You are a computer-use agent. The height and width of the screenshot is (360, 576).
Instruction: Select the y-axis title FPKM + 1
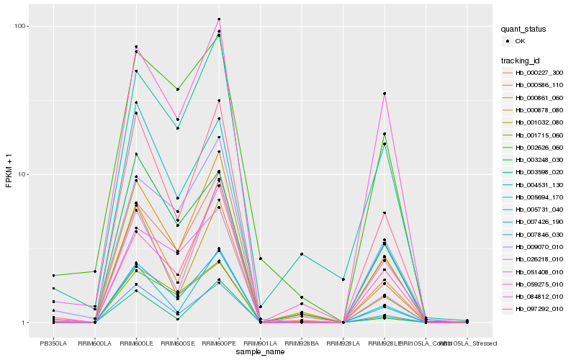(9, 175)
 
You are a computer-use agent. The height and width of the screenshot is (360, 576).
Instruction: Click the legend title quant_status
(524, 30)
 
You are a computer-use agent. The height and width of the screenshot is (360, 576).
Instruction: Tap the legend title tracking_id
(521, 60)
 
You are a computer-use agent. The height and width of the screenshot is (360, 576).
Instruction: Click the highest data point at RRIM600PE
(219, 19)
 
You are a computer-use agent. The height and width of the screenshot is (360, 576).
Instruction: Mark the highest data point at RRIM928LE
(384, 94)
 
